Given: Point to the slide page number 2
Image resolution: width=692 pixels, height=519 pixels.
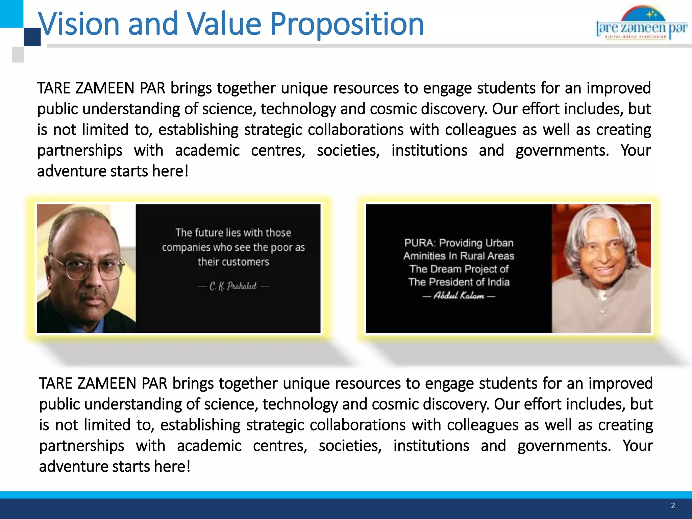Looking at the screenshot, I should [673, 505].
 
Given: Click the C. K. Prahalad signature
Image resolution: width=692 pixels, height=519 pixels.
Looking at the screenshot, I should [233, 287].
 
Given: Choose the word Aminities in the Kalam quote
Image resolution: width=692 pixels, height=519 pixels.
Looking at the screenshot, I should [424, 256].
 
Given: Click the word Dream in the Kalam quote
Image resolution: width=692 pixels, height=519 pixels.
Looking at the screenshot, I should [445, 269].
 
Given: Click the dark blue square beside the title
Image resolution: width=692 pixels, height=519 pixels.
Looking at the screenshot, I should [32, 37].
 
